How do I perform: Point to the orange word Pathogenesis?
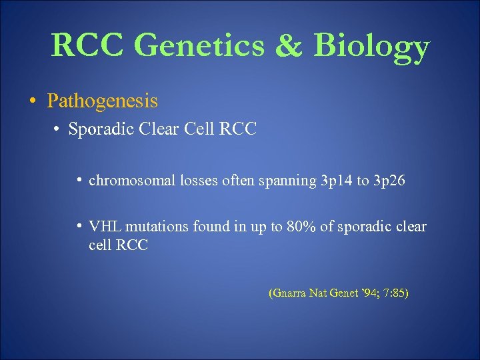[102, 101]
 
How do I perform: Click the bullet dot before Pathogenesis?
[32, 101]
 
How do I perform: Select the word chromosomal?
[132, 180]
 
